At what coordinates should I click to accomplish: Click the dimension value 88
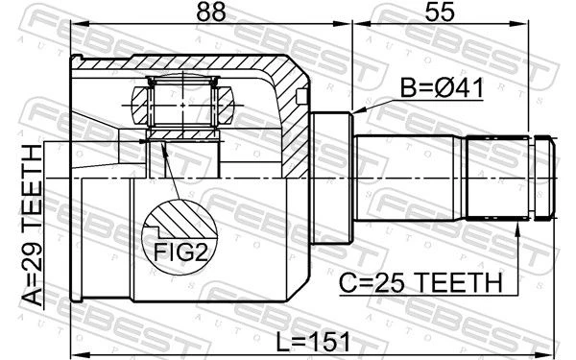coord(211,12)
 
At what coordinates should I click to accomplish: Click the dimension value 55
coord(440,12)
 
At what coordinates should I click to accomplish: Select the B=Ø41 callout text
coord(442,88)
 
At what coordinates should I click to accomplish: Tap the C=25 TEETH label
coord(420,283)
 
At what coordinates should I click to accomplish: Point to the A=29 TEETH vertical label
coord(33,225)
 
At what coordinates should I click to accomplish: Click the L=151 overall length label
coord(313,342)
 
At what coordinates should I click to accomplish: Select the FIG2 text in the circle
coord(180,252)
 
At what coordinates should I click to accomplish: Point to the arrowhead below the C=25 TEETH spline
coord(518,228)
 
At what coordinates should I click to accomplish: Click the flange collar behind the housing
coord(330,179)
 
